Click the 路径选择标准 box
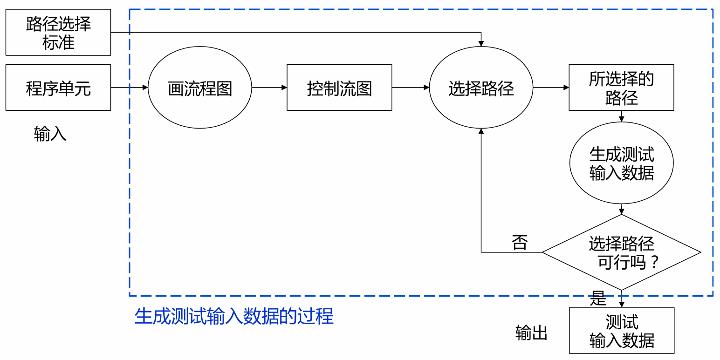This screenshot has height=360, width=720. pos(58,32)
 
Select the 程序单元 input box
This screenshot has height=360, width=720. pos(58,88)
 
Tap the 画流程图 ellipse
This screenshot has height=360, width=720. pos(200,88)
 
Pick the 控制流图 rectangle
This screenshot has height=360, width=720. pos(339,88)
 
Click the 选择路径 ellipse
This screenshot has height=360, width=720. pos(481,88)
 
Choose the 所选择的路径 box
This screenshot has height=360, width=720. pos(621,88)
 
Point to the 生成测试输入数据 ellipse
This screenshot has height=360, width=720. pos(621,163)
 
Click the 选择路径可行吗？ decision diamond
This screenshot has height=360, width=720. pos(621,252)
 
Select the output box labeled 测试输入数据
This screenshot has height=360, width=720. pos(621,330)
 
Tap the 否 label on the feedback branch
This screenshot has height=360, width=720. pos(519,243)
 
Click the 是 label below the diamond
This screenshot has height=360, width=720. pos(598,299)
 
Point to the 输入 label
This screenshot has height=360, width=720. pos(50,134)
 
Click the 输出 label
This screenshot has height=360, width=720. pos(531,333)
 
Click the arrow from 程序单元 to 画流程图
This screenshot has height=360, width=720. pos(130,88)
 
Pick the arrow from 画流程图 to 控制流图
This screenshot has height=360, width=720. pos(269,88)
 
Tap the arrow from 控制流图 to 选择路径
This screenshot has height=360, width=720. pos(411,88)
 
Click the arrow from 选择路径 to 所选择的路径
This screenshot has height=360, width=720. pos(551,88)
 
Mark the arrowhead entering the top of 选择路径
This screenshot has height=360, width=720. pos(481,43)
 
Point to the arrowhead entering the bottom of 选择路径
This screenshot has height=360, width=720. pos(481,132)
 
